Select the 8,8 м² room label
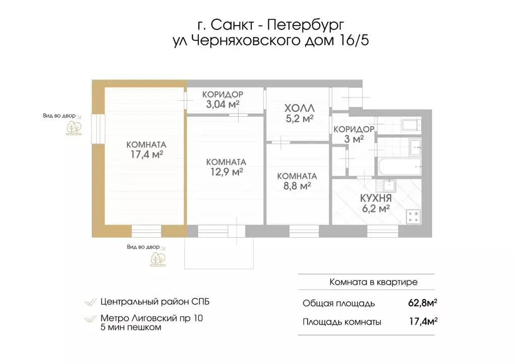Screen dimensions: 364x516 click(297, 181)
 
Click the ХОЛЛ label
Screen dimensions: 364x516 click(299, 109)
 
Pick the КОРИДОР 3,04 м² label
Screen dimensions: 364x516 click(222, 99)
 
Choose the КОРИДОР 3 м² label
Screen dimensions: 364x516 click(353, 134)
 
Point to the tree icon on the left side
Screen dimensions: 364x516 click(74, 127)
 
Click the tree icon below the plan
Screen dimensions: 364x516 click(157, 258)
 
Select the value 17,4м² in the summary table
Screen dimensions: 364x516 click(422, 322)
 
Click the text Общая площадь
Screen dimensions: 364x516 click(338, 303)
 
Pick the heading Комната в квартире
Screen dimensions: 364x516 click(373, 282)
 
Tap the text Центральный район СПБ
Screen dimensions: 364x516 click(154, 302)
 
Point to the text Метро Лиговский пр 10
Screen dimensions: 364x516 click(153, 318)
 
